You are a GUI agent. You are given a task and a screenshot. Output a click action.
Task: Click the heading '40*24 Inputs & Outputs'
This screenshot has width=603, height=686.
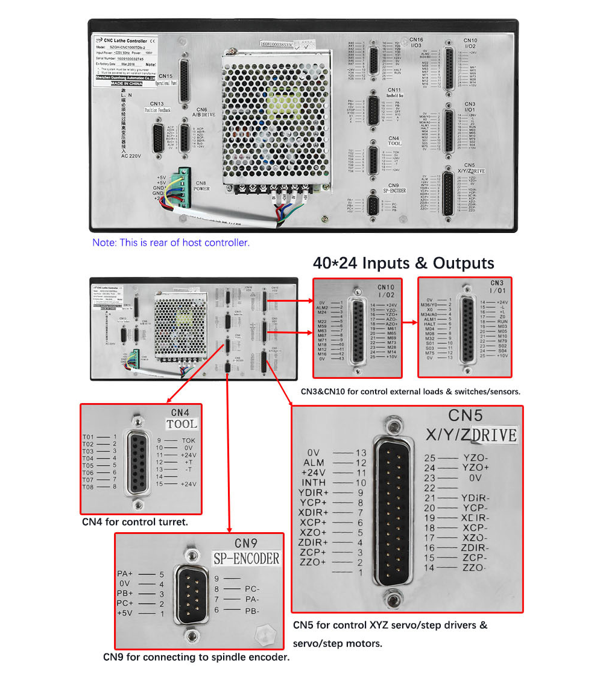(403, 263)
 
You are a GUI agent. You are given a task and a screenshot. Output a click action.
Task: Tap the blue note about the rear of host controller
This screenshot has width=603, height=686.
(171, 243)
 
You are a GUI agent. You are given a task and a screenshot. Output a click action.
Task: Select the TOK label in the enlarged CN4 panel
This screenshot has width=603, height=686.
(188, 440)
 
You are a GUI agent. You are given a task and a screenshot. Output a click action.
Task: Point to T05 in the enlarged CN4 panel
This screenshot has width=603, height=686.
(88, 466)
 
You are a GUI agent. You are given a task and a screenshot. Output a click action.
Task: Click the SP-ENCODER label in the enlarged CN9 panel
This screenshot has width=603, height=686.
(247, 559)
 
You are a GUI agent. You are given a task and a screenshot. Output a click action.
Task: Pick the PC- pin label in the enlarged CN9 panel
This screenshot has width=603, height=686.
(252, 589)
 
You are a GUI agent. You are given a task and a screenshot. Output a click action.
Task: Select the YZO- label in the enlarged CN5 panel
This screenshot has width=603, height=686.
(476, 458)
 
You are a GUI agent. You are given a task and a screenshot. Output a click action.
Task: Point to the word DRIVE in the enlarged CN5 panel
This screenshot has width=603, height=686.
(494, 434)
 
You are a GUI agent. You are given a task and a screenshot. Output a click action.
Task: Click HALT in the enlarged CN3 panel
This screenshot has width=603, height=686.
(429, 324)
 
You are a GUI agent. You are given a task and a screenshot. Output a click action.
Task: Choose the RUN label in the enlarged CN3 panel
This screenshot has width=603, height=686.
(502, 322)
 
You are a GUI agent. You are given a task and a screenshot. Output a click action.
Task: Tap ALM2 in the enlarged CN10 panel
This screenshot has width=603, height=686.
(322, 308)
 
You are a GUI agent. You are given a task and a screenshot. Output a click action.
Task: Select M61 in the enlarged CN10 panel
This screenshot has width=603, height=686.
(391, 328)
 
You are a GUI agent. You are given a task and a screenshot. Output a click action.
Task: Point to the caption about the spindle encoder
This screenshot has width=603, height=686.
(196, 657)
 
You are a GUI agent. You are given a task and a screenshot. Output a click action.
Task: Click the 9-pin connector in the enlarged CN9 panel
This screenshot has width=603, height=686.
(191, 594)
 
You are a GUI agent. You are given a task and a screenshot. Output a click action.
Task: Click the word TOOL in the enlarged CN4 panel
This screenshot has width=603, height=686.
(182, 424)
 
